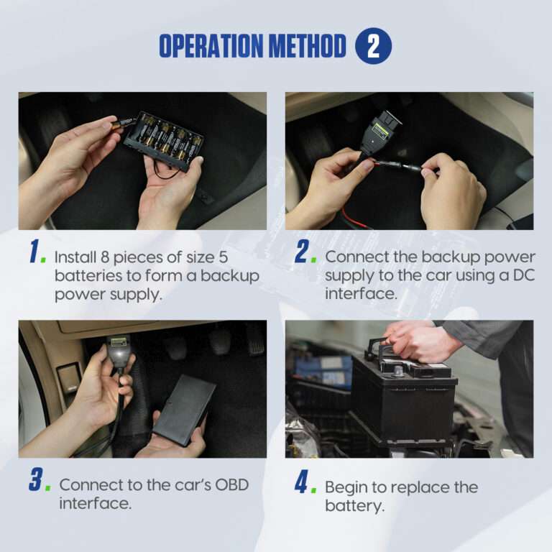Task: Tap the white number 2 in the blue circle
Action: (373, 46)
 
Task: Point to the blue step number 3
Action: (35, 479)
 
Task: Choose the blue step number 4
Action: (301, 482)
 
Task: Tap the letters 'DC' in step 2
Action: (523, 275)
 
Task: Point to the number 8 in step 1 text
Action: (105, 257)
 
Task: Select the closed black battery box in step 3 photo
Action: (185, 410)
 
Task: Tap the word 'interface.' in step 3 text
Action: (96, 503)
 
